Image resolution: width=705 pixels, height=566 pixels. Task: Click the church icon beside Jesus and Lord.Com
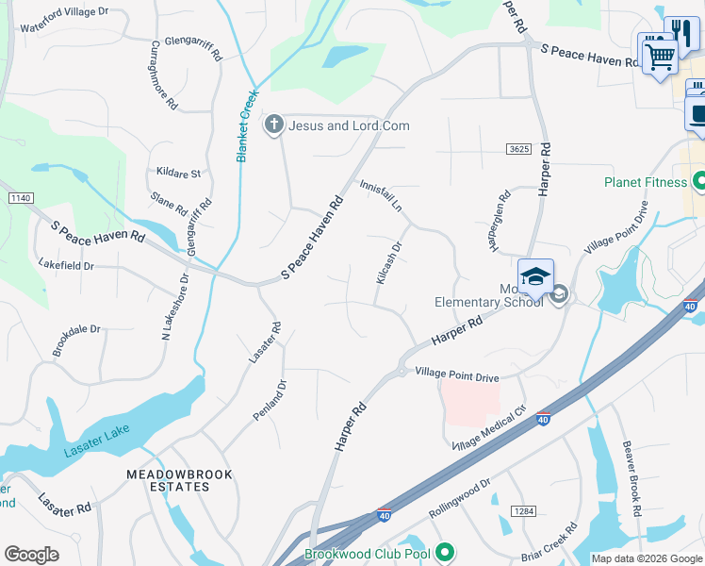click(274, 125)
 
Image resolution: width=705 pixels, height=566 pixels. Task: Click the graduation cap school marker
click(535, 276)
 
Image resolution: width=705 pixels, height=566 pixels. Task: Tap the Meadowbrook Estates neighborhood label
click(169, 479)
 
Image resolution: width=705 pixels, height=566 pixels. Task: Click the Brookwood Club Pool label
click(367, 554)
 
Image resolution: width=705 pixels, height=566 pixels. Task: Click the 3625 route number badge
click(518, 149)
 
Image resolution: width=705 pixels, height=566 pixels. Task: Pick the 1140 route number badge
click(20, 198)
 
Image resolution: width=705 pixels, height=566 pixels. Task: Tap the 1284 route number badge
click(524, 510)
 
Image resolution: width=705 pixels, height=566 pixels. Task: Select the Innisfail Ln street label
click(380, 195)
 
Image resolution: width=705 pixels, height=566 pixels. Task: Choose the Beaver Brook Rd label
click(631, 478)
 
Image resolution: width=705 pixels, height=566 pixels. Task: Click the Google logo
click(31, 555)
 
